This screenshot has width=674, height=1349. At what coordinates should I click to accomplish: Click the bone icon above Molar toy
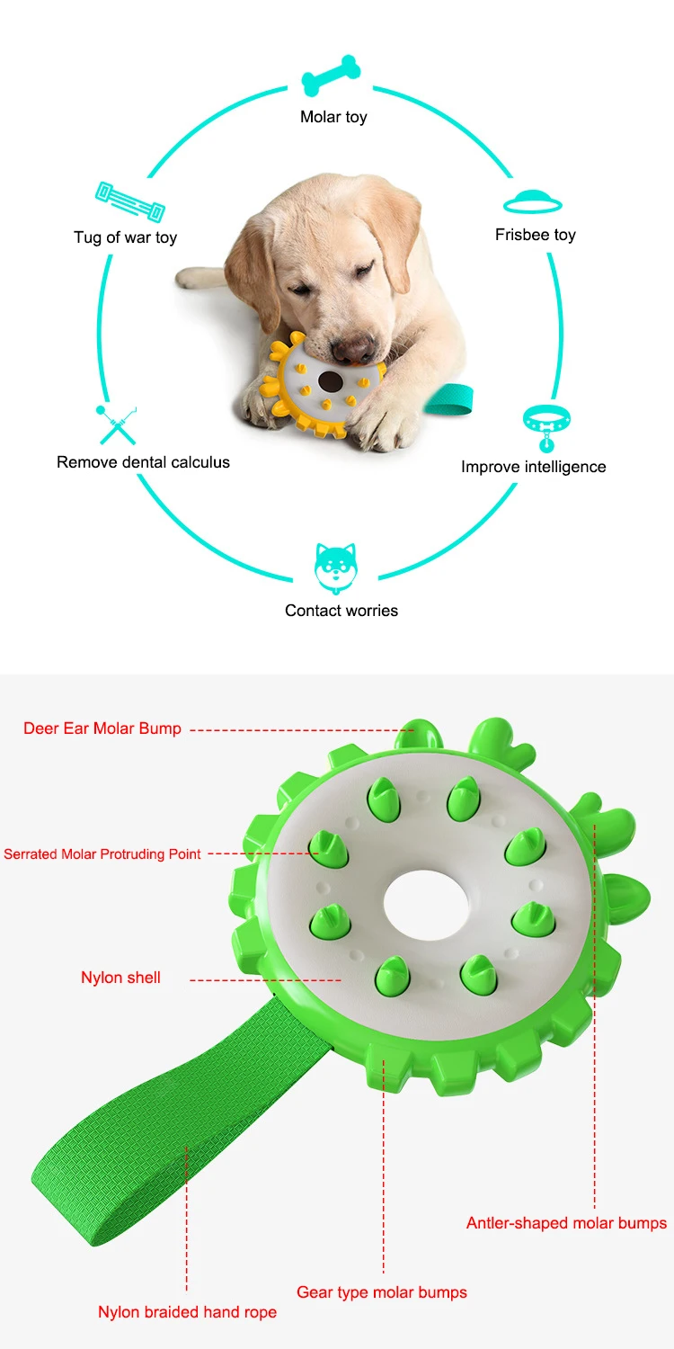click(x=332, y=76)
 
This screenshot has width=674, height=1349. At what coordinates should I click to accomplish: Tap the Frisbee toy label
click(x=535, y=235)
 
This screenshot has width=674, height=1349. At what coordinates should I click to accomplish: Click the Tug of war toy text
click(x=125, y=237)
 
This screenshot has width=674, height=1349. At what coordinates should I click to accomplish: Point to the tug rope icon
click(x=129, y=201)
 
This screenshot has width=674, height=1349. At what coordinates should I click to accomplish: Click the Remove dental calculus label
click(x=143, y=462)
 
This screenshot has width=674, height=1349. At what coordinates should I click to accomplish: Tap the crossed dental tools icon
click(x=117, y=424)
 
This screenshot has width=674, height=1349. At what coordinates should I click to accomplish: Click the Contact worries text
click(x=341, y=611)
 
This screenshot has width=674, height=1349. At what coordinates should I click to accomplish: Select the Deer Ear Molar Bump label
click(x=102, y=728)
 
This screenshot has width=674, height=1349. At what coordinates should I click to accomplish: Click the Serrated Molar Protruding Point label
click(x=102, y=853)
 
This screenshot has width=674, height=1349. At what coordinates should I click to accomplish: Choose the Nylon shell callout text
click(x=120, y=978)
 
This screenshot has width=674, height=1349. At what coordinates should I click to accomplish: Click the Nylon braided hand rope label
click(x=187, y=1312)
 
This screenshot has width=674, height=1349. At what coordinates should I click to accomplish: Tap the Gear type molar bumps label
click(x=382, y=1292)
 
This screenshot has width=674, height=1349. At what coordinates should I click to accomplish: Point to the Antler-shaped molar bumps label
click(x=566, y=1223)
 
